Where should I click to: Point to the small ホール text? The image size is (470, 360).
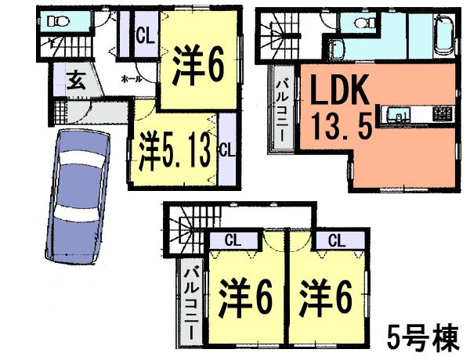[131, 79]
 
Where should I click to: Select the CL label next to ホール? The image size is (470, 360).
[144, 35]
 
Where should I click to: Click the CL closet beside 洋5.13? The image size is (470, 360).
[225, 149]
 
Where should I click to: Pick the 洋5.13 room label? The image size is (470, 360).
[175, 149]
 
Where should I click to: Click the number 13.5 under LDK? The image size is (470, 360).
[342, 124]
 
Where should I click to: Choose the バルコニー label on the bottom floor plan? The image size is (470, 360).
[190, 302]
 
